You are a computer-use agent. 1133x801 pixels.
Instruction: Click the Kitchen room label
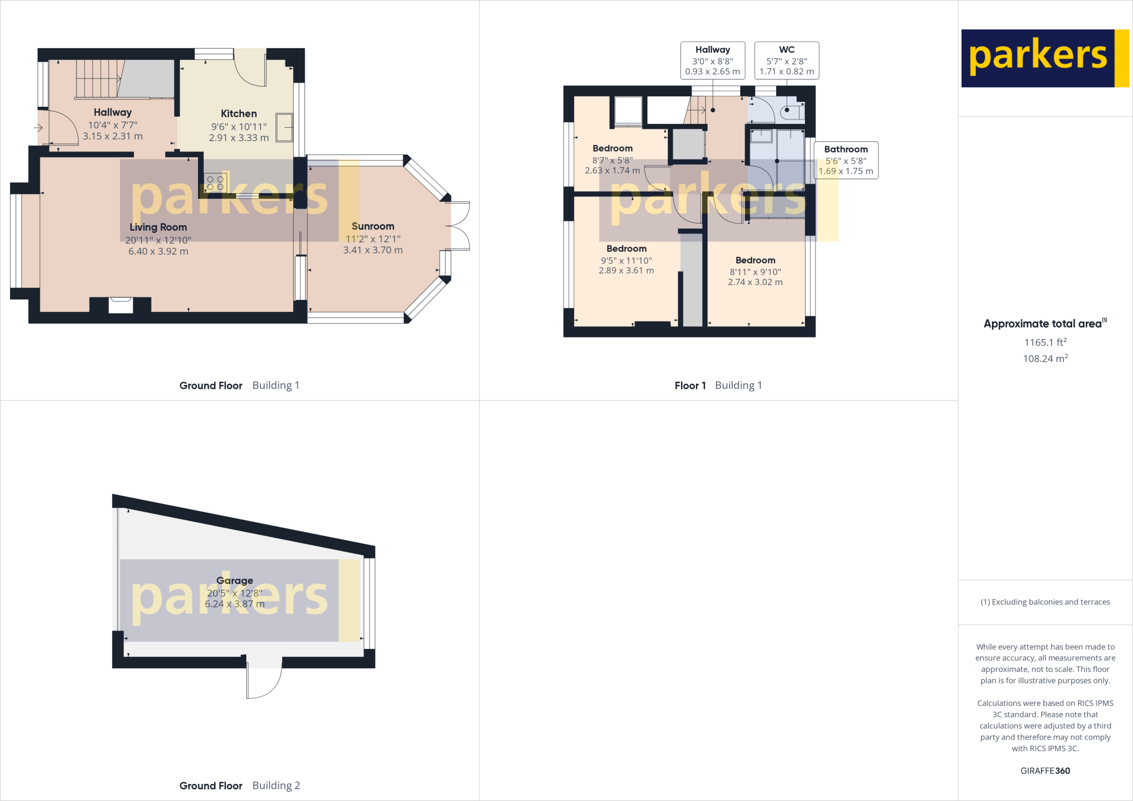coord(238,114)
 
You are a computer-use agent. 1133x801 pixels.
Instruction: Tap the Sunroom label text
coord(373,226)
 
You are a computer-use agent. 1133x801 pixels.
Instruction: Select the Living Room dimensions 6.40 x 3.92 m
coord(158,251)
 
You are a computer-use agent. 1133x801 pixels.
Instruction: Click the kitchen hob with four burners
coord(215,183)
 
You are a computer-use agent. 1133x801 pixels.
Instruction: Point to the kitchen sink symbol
coord(284,128)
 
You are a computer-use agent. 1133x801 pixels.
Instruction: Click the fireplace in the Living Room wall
coord(121,304)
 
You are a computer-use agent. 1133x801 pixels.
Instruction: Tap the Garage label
coord(235,580)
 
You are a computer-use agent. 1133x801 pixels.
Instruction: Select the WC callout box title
coord(787,50)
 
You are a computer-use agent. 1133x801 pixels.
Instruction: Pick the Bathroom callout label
coord(846,149)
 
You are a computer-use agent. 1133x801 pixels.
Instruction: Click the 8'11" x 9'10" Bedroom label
coord(755,261)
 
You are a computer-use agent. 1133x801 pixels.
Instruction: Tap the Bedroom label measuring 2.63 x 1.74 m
coord(612,148)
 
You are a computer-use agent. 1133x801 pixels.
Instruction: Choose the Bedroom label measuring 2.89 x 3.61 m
coord(626,249)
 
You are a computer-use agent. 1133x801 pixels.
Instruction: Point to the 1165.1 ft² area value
coord(1045,342)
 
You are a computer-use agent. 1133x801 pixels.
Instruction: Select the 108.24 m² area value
coord(1045,358)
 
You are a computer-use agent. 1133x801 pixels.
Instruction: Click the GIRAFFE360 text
coord(1045,771)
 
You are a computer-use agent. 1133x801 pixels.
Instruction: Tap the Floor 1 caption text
coord(690,386)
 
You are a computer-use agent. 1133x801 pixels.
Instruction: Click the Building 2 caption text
coord(276,786)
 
